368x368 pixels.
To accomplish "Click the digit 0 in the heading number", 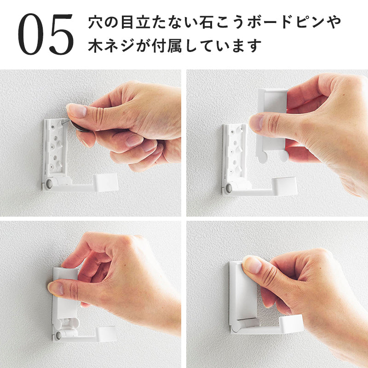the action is [x=31, y=34].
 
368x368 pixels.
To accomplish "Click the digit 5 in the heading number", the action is [x=61, y=34].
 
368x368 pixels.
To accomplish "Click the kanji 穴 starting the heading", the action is [x=95, y=22].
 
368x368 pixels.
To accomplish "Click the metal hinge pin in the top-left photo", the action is [x=49, y=184].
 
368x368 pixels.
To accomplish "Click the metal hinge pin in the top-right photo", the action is [x=229, y=189].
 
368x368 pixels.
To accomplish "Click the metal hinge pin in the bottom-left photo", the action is [x=58, y=335].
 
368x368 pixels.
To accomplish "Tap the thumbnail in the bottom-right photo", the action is [x=252, y=265].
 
